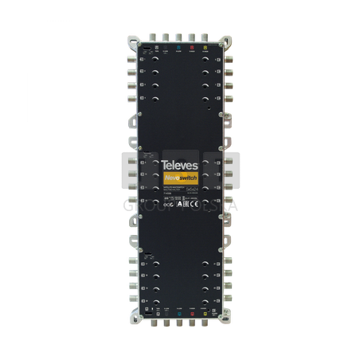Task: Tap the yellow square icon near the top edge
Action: coord(205,47)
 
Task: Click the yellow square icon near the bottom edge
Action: coord(205,313)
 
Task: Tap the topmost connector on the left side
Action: coord(128,57)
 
